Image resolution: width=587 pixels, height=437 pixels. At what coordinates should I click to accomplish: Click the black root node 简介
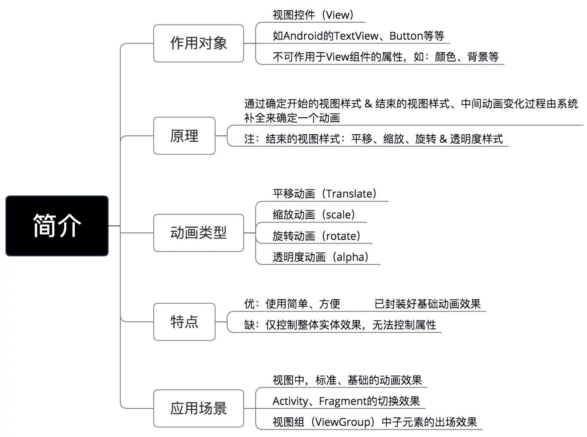pos(57,226)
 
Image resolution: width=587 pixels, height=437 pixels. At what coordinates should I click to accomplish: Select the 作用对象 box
pos(199,43)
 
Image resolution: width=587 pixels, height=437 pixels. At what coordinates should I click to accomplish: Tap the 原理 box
pos(184,136)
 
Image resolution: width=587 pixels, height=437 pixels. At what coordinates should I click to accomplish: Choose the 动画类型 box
pos(199,232)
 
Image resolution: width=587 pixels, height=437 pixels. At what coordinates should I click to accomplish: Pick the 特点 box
pos(184,322)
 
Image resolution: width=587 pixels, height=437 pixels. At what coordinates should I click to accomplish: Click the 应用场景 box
pos(199,408)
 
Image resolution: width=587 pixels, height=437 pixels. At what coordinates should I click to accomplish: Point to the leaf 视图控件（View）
pos(313,15)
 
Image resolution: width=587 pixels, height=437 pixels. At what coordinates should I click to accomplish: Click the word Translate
pos(349,194)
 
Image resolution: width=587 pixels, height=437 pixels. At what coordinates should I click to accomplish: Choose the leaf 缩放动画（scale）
pos(314,214)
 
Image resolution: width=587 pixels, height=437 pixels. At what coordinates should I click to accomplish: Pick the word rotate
pos(342,236)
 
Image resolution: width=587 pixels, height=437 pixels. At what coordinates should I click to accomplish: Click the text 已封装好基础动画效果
pos(428,304)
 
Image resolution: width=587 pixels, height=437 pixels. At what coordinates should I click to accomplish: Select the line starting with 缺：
pos(340,325)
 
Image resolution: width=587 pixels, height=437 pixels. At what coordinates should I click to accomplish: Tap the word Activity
pos(290,401)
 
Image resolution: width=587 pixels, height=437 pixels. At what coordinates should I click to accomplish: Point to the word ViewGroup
pos(342,422)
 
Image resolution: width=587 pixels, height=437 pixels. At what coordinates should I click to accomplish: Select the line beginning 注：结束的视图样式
pos(373,139)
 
